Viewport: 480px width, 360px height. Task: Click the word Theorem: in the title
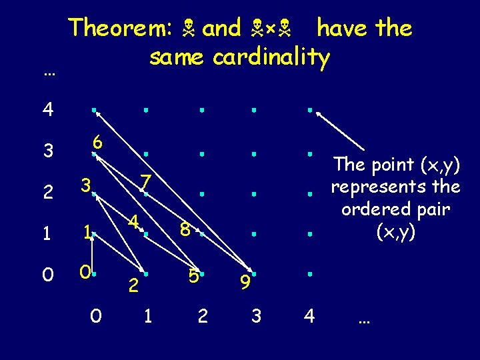pyautogui.click(x=121, y=29)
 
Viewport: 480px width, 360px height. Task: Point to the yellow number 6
pyautogui.click(x=97, y=142)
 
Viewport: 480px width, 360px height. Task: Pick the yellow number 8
pyautogui.click(x=187, y=229)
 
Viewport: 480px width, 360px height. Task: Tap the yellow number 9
pyautogui.click(x=245, y=283)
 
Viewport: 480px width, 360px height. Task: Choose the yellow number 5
pyautogui.click(x=193, y=275)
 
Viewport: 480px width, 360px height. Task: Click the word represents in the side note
pyautogui.click(x=396, y=186)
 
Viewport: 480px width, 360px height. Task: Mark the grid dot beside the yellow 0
pyautogui.click(x=95, y=273)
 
